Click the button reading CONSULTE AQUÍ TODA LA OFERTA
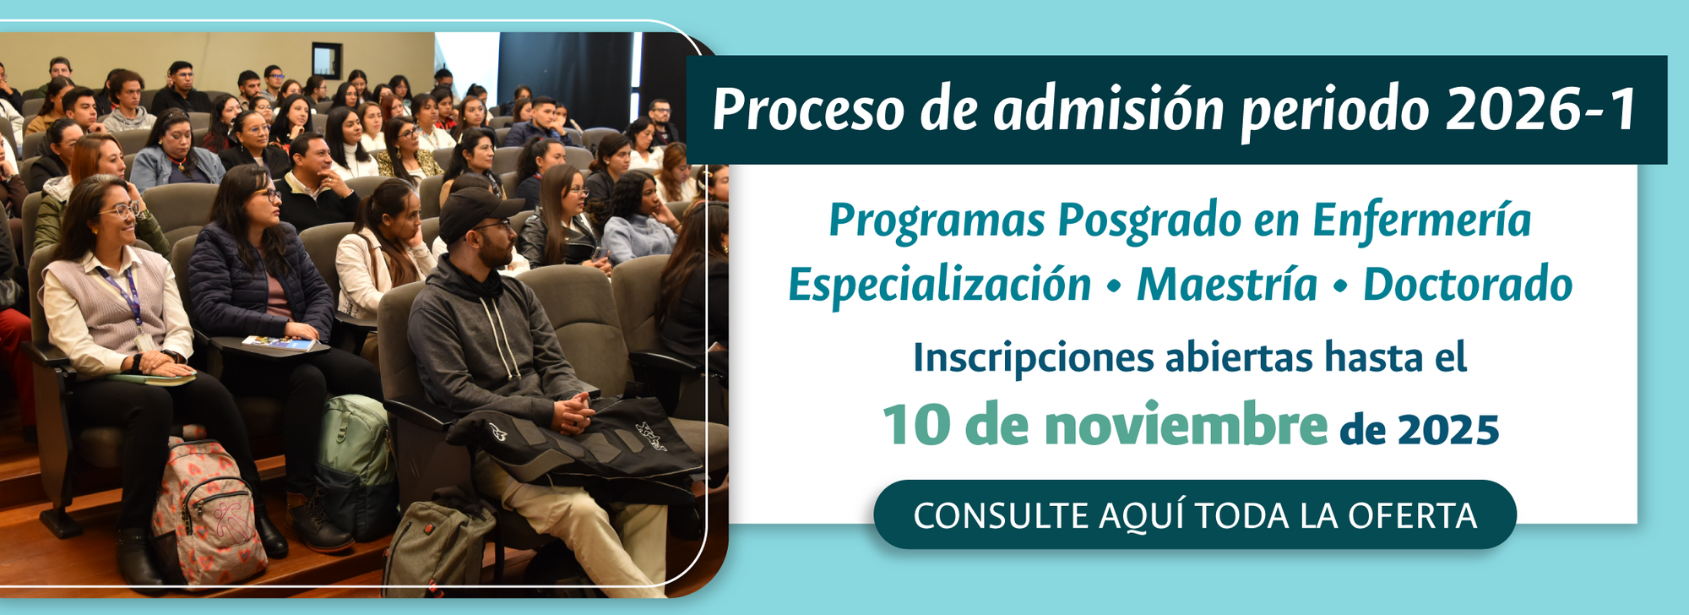(x=1195, y=514)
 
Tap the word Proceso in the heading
(x=808, y=110)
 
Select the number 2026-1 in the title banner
(x=1542, y=110)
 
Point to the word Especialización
(x=940, y=284)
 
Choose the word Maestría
(x=1227, y=284)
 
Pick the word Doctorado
(x=1468, y=284)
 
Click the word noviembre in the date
(x=1186, y=425)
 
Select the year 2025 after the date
(x=1447, y=430)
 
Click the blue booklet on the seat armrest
(x=279, y=343)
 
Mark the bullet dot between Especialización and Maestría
(x=1114, y=287)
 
